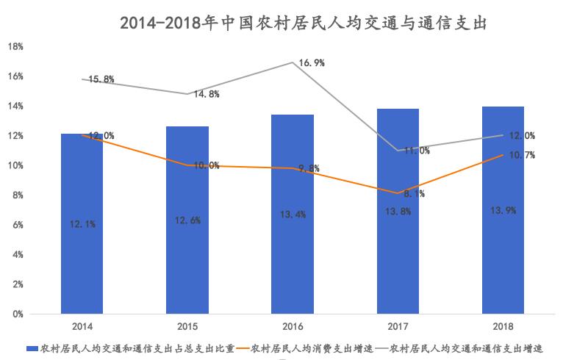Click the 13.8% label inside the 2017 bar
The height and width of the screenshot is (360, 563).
pyautogui.click(x=398, y=212)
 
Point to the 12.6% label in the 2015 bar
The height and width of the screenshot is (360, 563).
pyautogui.click(x=187, y=220)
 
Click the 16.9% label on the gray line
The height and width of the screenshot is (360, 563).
pyautogui.click(x=312, y=63)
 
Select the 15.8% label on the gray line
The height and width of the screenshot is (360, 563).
pyautogui.click(x=101, y=79)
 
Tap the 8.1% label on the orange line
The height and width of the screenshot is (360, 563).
pyautogui.click(x=413, y=194)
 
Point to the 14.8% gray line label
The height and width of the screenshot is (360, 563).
pyautogui.click(x=206, y=94)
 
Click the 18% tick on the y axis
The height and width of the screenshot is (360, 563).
pyautogui.click(x=15, y=46)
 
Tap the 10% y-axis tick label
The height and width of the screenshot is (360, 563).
pyautogui.click(x=15, y=165)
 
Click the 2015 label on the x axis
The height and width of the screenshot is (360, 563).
pyautogui.click(x=187, y=325)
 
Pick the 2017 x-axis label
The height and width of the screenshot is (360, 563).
pyautogui.click(x=398, y=325)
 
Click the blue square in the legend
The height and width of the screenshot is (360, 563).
pyautogui.click(x=32, y=347)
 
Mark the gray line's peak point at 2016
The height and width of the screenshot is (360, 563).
pyautogui.click(x=293, y=62)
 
